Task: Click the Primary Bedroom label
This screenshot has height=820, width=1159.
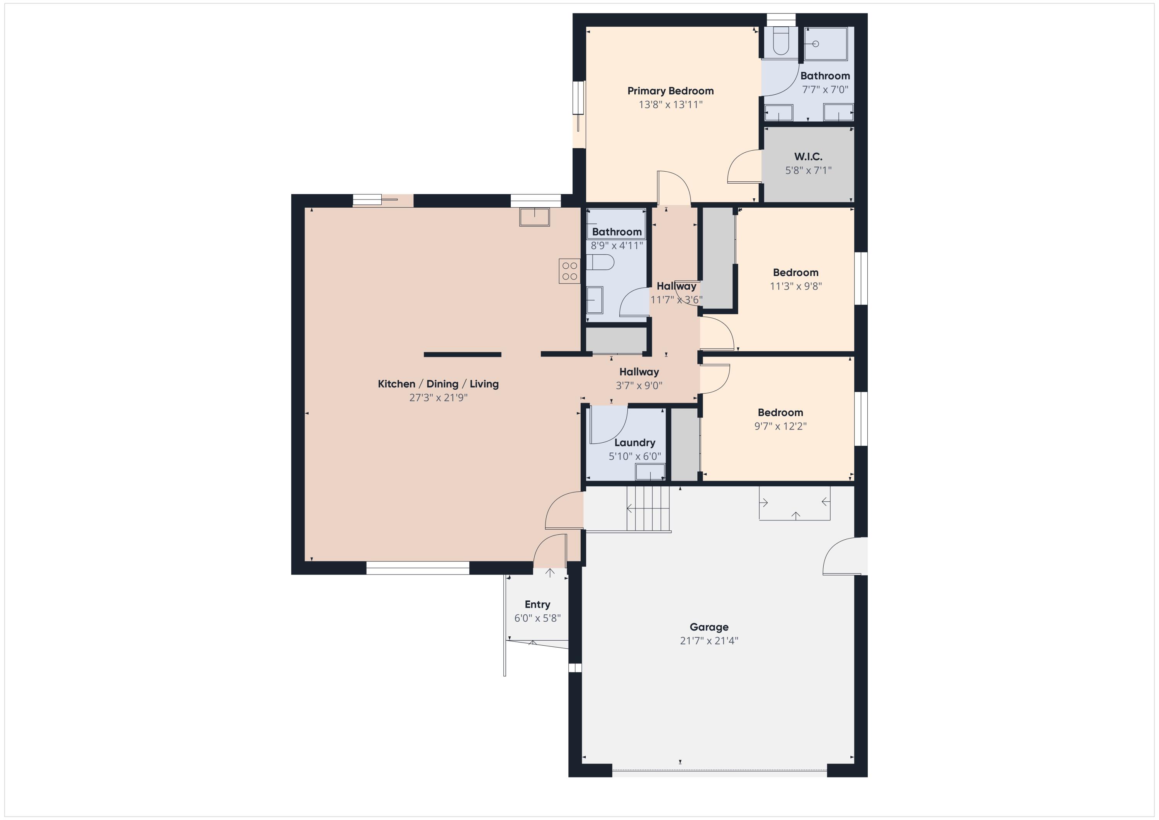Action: [x=670, y=91]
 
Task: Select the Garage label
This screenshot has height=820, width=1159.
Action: [x=709, y=627]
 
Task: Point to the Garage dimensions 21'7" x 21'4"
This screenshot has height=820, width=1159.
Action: [x=709, y=641]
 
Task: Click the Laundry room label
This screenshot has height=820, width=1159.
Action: [x=634, y=443]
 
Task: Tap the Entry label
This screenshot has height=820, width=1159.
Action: [x=537, y=604]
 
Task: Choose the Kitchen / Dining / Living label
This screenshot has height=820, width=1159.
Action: [x=438, y=384]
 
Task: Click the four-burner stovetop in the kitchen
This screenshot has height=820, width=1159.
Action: [x=569, y=271]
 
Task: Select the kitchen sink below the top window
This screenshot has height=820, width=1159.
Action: [x=534, y=217]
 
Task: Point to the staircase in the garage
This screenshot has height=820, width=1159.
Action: [x=648, y=508]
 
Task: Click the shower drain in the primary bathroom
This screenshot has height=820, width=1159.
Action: [x=815, y=44]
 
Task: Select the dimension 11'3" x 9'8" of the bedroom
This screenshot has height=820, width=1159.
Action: [x=795, y=286]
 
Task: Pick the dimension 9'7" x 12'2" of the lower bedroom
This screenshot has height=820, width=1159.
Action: [x=780, y=426]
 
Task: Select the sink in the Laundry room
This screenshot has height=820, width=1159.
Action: [x=650, y=472]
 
